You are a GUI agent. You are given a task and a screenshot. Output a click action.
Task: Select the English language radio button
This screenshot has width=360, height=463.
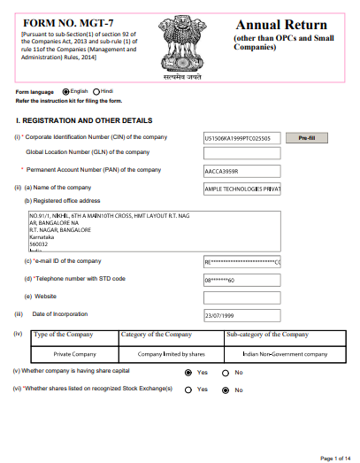click(x=65, y=91)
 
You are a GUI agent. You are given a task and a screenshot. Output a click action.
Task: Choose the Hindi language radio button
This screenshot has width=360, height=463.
click(x=96, y=91)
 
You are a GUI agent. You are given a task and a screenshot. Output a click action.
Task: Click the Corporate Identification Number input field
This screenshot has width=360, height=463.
click(x=241, y=138)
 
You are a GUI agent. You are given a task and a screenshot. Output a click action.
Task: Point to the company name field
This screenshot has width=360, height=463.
click(x=241, y=189)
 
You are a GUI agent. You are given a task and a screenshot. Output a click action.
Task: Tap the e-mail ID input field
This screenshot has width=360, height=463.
click(x=241, y=262)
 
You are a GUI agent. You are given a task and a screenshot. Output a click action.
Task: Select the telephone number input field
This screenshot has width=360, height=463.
click(x=241, y=279)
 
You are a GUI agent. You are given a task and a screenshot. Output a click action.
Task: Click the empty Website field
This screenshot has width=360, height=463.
click(x=241, y=297)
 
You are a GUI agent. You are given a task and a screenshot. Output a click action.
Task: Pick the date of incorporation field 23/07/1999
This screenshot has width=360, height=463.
click(x=241, y=315)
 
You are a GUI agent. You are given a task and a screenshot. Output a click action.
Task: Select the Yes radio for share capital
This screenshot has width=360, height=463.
click(x=188, y=374)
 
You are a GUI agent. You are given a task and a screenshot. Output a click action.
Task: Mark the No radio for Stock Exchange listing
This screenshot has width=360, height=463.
click(x=226, y=390)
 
